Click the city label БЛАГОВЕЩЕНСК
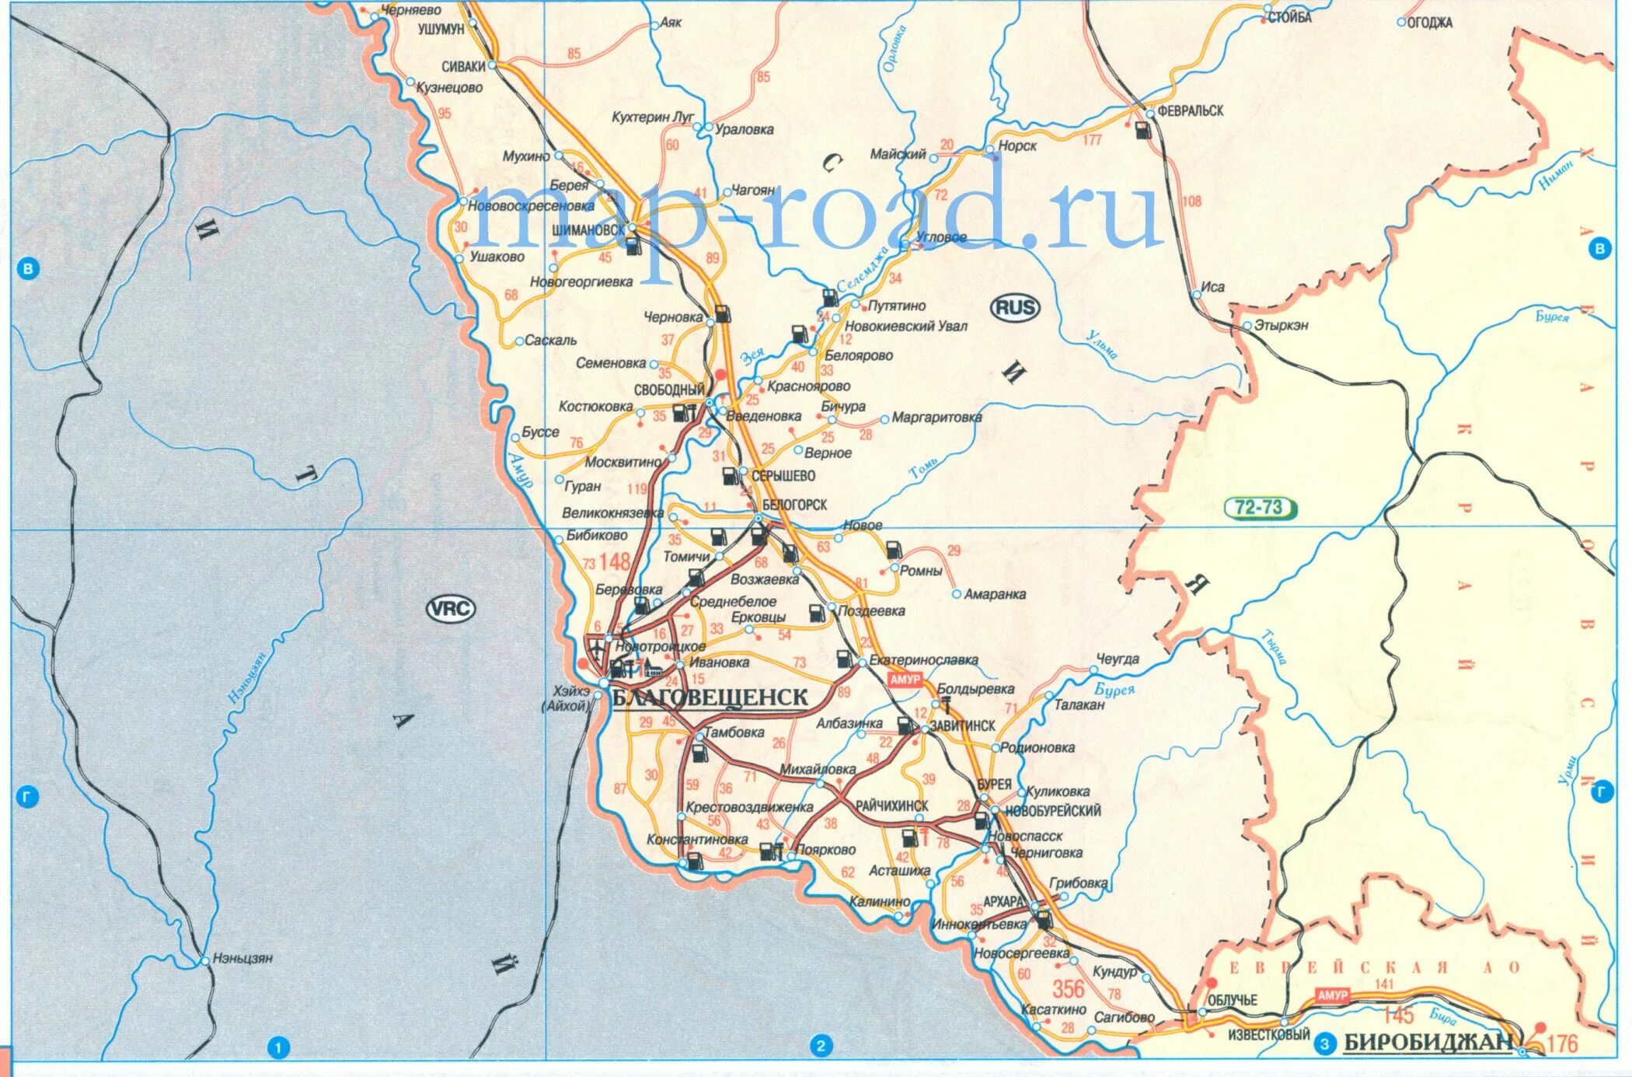710,698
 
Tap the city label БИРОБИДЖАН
1428,1043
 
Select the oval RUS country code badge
1015,308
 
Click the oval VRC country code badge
451,608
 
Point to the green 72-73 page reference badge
1259,508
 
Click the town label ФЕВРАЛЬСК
1190,111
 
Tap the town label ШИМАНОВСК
588,230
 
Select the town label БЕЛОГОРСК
794,505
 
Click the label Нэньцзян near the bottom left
242,959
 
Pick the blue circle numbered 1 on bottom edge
278,1047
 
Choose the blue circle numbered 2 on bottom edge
821,1046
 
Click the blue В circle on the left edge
28,269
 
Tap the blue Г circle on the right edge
1602,792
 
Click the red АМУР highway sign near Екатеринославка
905,680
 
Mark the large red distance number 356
1068,989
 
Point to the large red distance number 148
614,561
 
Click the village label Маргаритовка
936,418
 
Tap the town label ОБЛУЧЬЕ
1232,1000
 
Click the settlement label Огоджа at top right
1428,23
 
